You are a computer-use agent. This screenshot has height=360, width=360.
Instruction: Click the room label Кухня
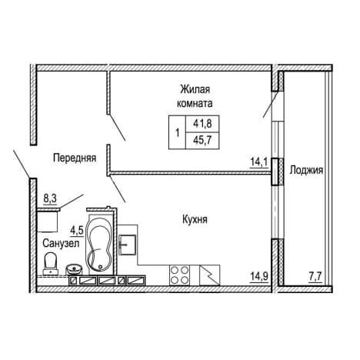click(x=195, y=220)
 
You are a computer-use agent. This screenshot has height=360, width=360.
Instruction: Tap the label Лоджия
click(x=306, y=170)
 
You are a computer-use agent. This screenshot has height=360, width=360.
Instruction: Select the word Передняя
click(x=75, y=158)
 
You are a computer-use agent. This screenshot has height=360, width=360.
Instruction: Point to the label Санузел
click(x=61, y=243)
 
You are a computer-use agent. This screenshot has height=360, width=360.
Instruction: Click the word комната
click(x=195, y=104)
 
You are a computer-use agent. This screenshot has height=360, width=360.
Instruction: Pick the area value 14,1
click(x=259, y=162)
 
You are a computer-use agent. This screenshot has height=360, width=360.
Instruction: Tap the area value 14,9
click(x=259, y=277)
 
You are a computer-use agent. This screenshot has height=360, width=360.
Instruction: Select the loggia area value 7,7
click(x=315, y=277)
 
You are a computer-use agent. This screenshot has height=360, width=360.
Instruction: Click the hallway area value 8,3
click(x=50, y=198)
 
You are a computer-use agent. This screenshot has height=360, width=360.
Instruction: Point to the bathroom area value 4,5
click(x=77, y=231)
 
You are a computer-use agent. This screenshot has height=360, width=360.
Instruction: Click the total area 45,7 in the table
click(x=202, y=141)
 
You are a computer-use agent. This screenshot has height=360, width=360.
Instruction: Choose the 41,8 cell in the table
click(x=202, y=124)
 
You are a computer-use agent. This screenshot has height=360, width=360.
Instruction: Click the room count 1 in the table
click(x=177, y=133)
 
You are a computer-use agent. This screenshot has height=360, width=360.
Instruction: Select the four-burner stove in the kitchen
click(x=179, y=275)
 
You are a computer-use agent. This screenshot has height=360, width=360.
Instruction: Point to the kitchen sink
click(x=127, y=245)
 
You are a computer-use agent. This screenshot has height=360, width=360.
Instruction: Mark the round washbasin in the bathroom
click(x=75, y=270)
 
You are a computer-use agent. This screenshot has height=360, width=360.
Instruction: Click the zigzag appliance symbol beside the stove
click(x=209, y=275)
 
